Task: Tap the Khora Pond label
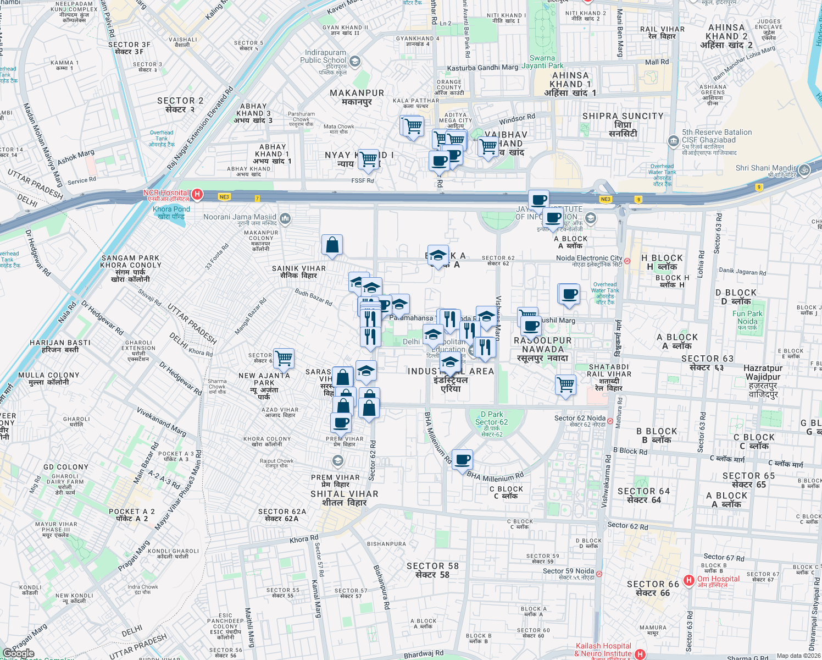tap(171, 212)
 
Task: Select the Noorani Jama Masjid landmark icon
tap(285, 219)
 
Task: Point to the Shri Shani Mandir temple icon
tap(804, 170)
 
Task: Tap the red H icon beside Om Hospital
tap(688, 580)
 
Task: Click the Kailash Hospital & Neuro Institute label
tap(603, 650)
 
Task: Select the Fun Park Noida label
tap(747, 317)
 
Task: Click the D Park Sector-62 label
tap(491, 422)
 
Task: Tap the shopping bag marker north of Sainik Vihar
tap(332, 245)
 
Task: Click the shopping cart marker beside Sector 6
tap(284, 358)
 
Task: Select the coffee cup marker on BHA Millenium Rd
tap(463, 459)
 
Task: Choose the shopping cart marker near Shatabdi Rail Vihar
tap(565, 384)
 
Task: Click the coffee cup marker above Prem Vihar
tap(341, 423)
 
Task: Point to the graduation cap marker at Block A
tap(438, 255)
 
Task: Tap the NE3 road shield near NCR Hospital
tap(224, 197)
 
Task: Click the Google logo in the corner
tap(18, 653)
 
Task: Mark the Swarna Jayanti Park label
tap(542, 62)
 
